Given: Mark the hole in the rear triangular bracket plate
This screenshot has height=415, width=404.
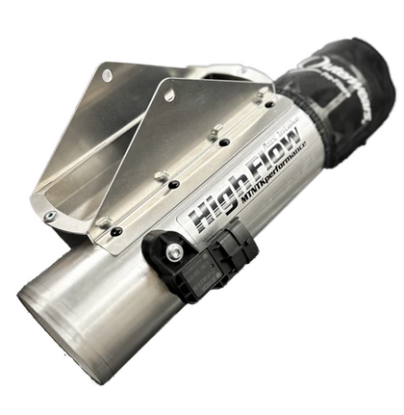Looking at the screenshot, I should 107,75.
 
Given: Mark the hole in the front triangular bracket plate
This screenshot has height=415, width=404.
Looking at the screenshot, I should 170,94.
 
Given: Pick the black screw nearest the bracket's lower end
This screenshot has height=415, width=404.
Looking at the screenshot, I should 116,232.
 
